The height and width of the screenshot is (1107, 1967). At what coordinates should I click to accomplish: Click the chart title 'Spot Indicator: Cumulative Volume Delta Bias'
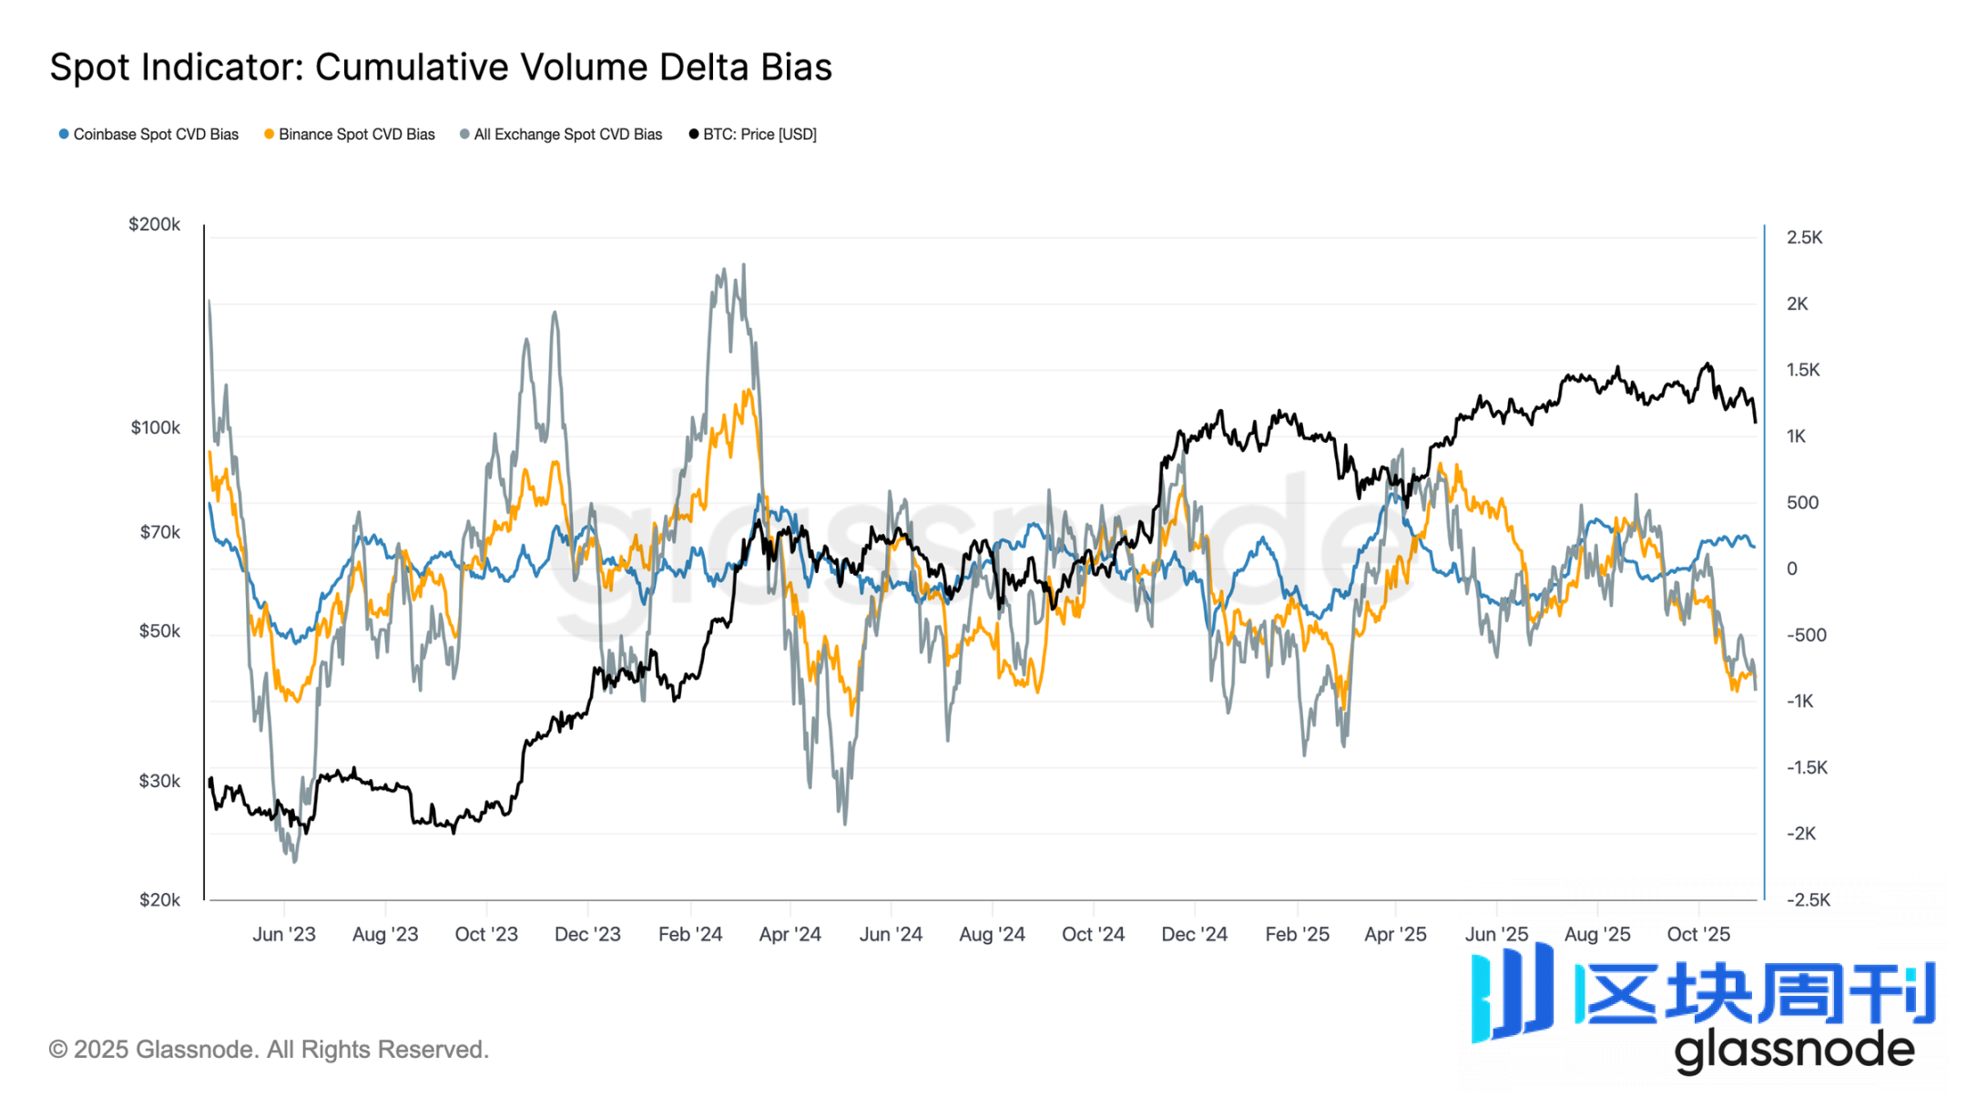441,67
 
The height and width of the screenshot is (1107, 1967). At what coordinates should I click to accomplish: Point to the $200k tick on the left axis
155,224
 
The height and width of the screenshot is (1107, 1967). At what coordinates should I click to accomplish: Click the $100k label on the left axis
156,427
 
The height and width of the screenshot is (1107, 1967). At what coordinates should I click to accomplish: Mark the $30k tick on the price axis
159,781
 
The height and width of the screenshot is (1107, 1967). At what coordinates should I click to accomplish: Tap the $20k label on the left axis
159,899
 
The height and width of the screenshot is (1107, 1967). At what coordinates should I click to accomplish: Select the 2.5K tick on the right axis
1804,238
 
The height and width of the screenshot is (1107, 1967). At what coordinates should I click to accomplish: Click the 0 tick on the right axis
1792,569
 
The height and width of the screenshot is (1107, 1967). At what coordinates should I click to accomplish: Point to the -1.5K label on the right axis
1807,767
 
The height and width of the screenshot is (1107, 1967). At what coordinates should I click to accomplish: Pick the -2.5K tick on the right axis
1808,899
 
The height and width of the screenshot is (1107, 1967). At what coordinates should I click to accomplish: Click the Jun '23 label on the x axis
284,934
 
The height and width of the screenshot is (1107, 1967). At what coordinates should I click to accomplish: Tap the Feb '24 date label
690,934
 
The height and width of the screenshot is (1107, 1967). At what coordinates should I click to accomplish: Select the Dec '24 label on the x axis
1194,934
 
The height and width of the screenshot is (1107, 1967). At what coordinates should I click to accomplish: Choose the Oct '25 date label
1698,934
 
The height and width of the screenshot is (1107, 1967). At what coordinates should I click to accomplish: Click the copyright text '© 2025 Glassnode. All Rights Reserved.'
269,1050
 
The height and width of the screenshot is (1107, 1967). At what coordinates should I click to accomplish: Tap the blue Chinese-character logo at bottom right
1703,993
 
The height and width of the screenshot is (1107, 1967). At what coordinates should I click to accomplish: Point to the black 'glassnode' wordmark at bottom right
1794,1051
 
